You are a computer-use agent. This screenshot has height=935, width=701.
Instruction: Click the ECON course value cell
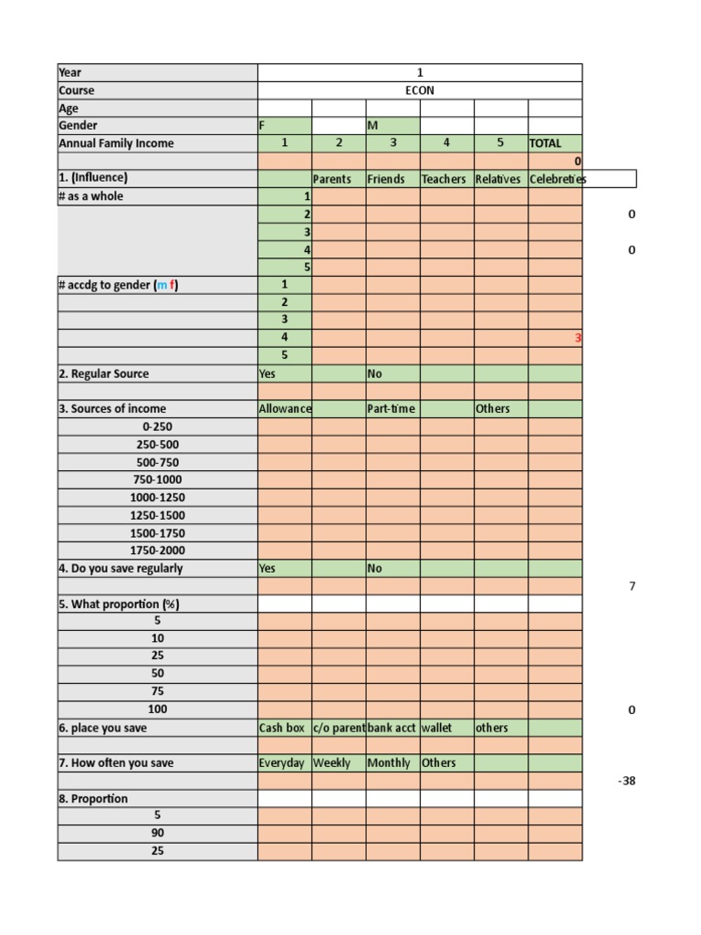(420, 90)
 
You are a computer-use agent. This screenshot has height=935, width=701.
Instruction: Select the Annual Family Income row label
(117, 143)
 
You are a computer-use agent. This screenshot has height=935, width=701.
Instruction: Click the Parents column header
(332, 179)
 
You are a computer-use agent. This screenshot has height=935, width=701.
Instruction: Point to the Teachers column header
(444, 179)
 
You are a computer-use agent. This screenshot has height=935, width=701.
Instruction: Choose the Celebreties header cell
(558, 179)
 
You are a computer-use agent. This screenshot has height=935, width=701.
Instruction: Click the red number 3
(577, 338)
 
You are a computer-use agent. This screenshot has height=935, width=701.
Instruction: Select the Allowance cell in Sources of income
(285, 409)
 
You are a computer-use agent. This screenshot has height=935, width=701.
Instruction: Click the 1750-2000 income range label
(157, 551)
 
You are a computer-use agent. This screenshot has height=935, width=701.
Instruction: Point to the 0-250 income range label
(157, 426)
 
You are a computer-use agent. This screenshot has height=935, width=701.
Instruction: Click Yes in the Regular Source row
(267, 373)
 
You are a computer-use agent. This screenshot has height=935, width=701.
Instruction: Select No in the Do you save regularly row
(374, 568)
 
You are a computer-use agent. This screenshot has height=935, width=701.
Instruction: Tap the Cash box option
(282, 728)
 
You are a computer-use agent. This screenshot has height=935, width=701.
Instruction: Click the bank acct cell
(392, 728)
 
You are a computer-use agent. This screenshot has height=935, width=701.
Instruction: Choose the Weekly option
(332, 763)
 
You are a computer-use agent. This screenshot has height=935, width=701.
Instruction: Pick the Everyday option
(282, 763)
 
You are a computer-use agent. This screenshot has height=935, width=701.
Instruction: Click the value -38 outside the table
(626, 782)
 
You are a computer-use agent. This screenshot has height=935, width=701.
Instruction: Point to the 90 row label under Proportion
(157, 834)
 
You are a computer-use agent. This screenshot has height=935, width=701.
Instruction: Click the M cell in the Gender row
(372, 126)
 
